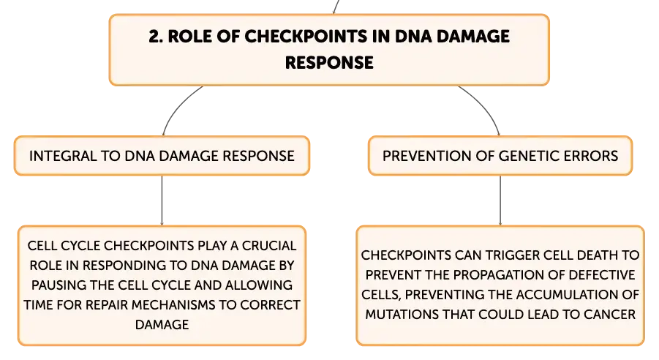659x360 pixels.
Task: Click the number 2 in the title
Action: (x=155, y=37)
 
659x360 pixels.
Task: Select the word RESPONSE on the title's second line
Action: (x=329, y=63)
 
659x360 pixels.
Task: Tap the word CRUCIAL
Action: (x=269, y=246)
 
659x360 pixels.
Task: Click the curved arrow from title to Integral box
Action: (x=176, y=105)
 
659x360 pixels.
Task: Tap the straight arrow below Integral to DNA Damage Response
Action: (x=162, y=200)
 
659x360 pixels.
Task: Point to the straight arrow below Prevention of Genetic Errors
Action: (x=500, y=200)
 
